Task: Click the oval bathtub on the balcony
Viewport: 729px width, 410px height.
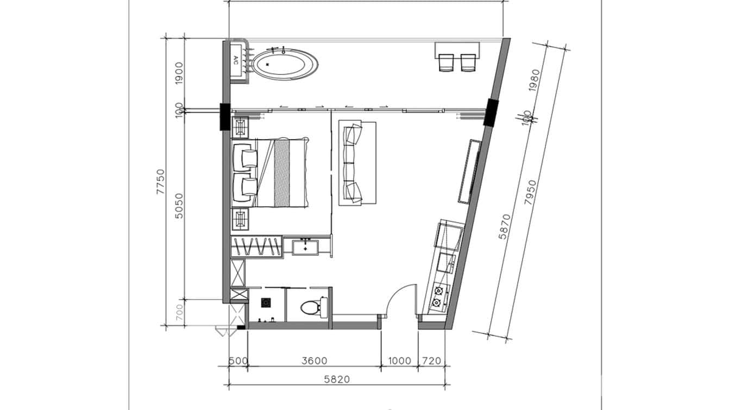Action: tap(286, 63)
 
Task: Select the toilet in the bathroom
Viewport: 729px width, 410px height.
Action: tap(310, 308)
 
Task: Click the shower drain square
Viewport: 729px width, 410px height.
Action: tap(266, 302)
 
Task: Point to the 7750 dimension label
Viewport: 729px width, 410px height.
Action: tap(160, 182)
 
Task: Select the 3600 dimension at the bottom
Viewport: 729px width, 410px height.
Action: tap(314, 361)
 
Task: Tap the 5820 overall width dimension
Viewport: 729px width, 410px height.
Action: tap(336, 379)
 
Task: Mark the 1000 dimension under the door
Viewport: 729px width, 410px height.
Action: tap(399, 361)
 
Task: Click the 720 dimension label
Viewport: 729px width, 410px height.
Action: tap(431, 361)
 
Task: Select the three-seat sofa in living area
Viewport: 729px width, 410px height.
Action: tap(357, 163)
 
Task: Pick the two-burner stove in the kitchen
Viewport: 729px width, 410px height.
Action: tap(437, 296)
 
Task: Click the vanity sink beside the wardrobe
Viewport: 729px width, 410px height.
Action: tap(306, 247)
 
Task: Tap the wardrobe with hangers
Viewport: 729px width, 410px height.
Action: tap(256, 247)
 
